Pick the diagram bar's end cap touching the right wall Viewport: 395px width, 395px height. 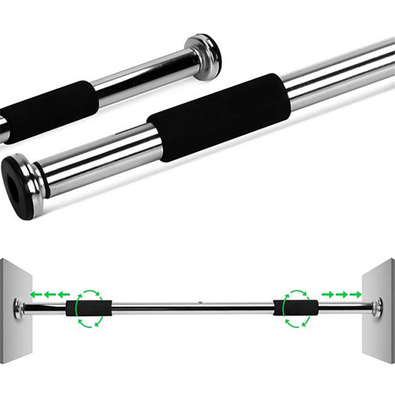tap(378, 307)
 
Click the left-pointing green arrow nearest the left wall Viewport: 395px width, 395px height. tap(35, 295)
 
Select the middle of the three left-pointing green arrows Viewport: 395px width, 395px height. tap(48, 295)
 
